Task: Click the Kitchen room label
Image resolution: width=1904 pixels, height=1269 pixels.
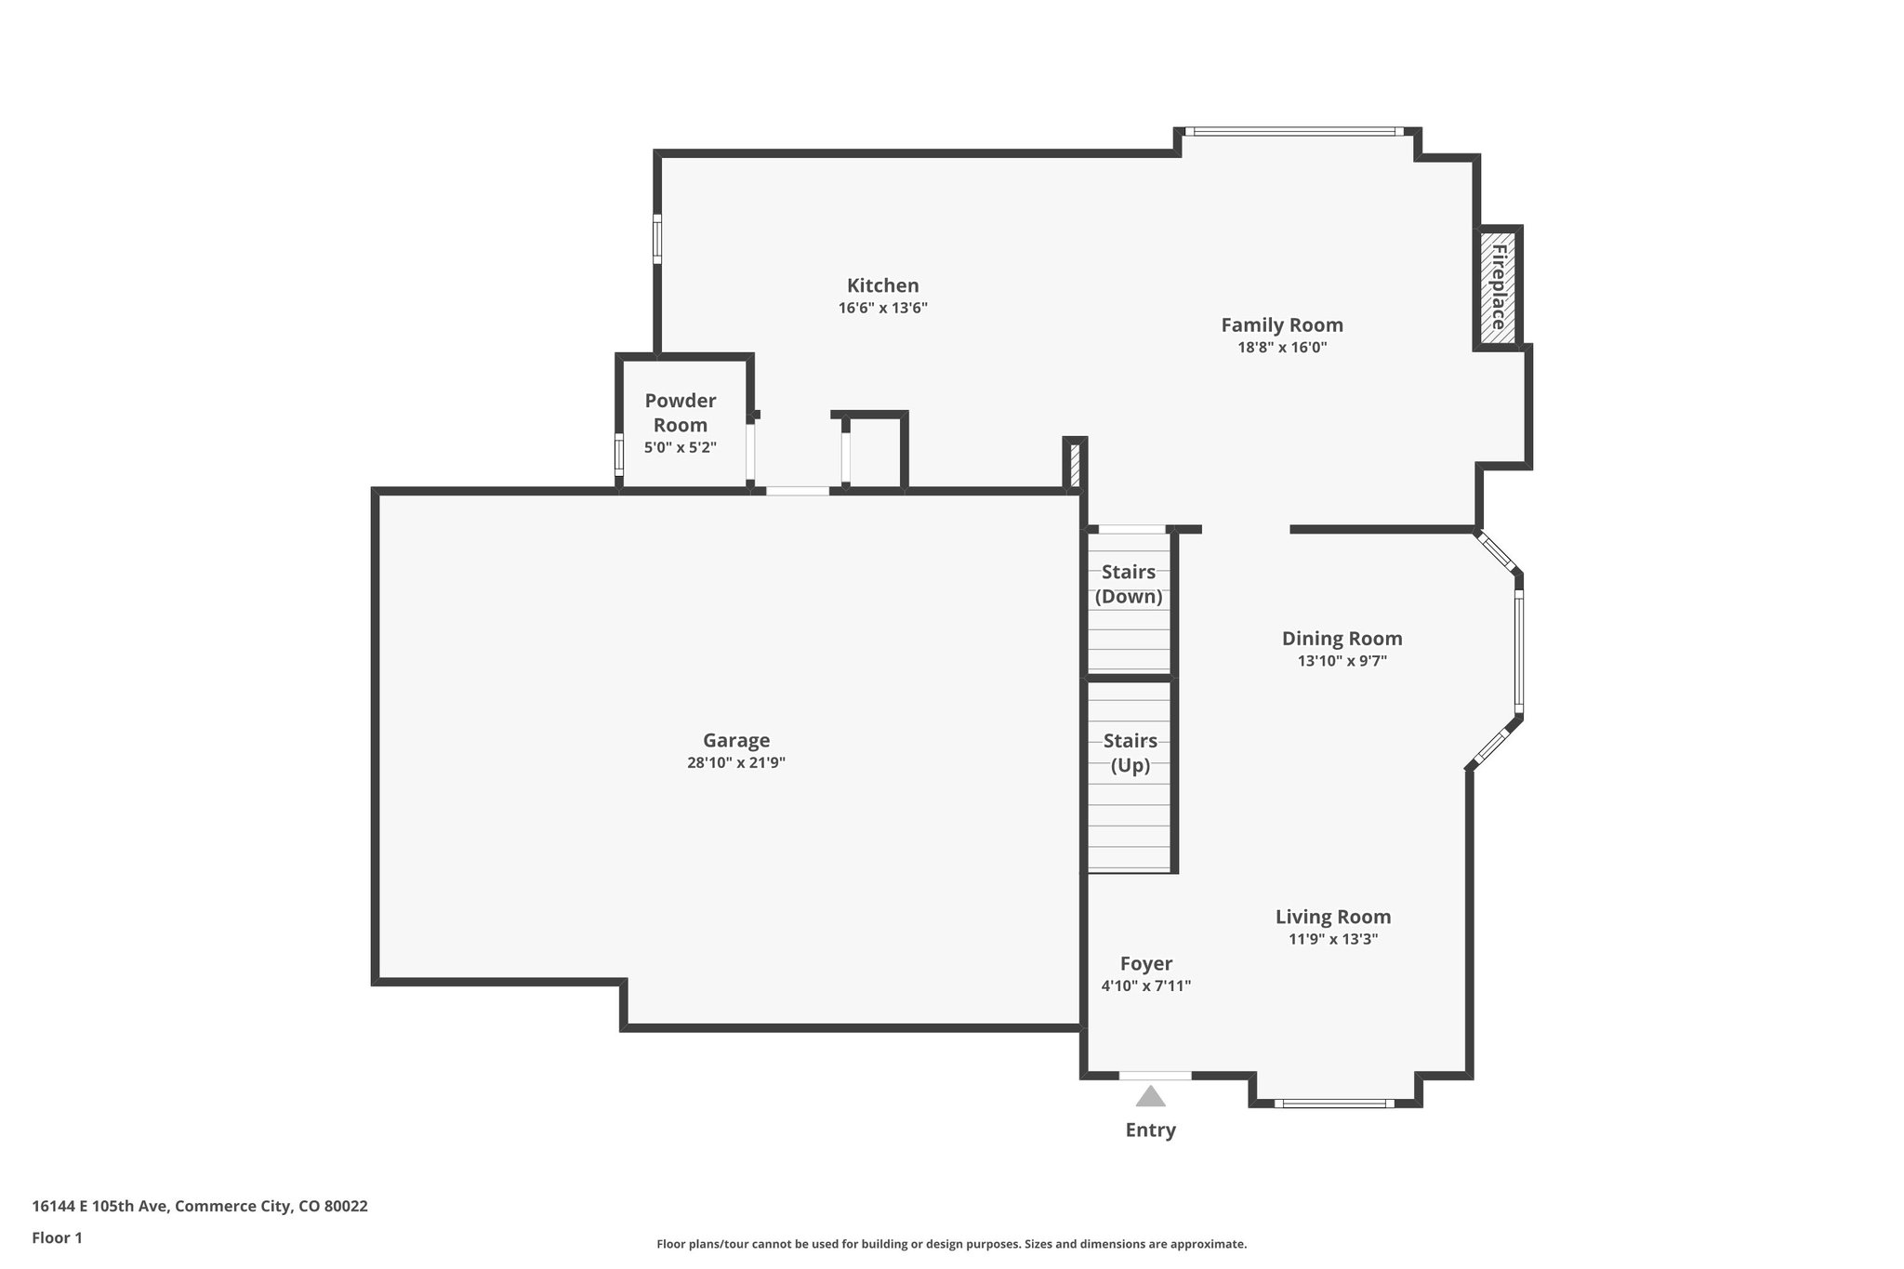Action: pos(882,285)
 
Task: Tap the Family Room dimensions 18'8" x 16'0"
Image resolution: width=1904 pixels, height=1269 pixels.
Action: pos(1281,348)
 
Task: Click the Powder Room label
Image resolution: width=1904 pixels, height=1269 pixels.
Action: pos(680,413)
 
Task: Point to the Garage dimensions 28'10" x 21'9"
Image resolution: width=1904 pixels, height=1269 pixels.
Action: pos(735,763)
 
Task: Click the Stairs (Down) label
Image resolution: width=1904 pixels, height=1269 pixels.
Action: pos(1128,584)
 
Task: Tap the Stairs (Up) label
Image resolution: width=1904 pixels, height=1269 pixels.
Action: pos(1130,753)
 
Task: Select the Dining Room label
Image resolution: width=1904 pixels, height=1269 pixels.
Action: pos(1342,639)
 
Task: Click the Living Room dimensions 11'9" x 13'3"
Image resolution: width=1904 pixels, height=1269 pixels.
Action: pos(1332,939)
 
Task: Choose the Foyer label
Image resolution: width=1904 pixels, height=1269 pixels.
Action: pos(1145,964)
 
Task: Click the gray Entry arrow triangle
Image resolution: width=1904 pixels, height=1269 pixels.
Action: pos(1150,1097)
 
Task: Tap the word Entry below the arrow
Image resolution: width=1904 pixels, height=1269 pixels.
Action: pos(1150,1130)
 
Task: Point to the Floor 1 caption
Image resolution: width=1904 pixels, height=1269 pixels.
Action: pos(58,1238)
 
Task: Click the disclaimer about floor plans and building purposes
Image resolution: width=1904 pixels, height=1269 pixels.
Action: pos(951,1244)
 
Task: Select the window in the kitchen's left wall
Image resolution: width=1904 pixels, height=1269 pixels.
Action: pos(656,239)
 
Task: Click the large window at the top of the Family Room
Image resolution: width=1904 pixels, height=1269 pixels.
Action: pos(1298,131)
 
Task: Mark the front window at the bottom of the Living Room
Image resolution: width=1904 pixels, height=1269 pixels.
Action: pos(1333,1104)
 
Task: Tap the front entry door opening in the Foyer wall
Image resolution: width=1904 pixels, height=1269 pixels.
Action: pos(1155,1076)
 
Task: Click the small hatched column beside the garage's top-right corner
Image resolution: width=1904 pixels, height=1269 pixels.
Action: pos(1075,465)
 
